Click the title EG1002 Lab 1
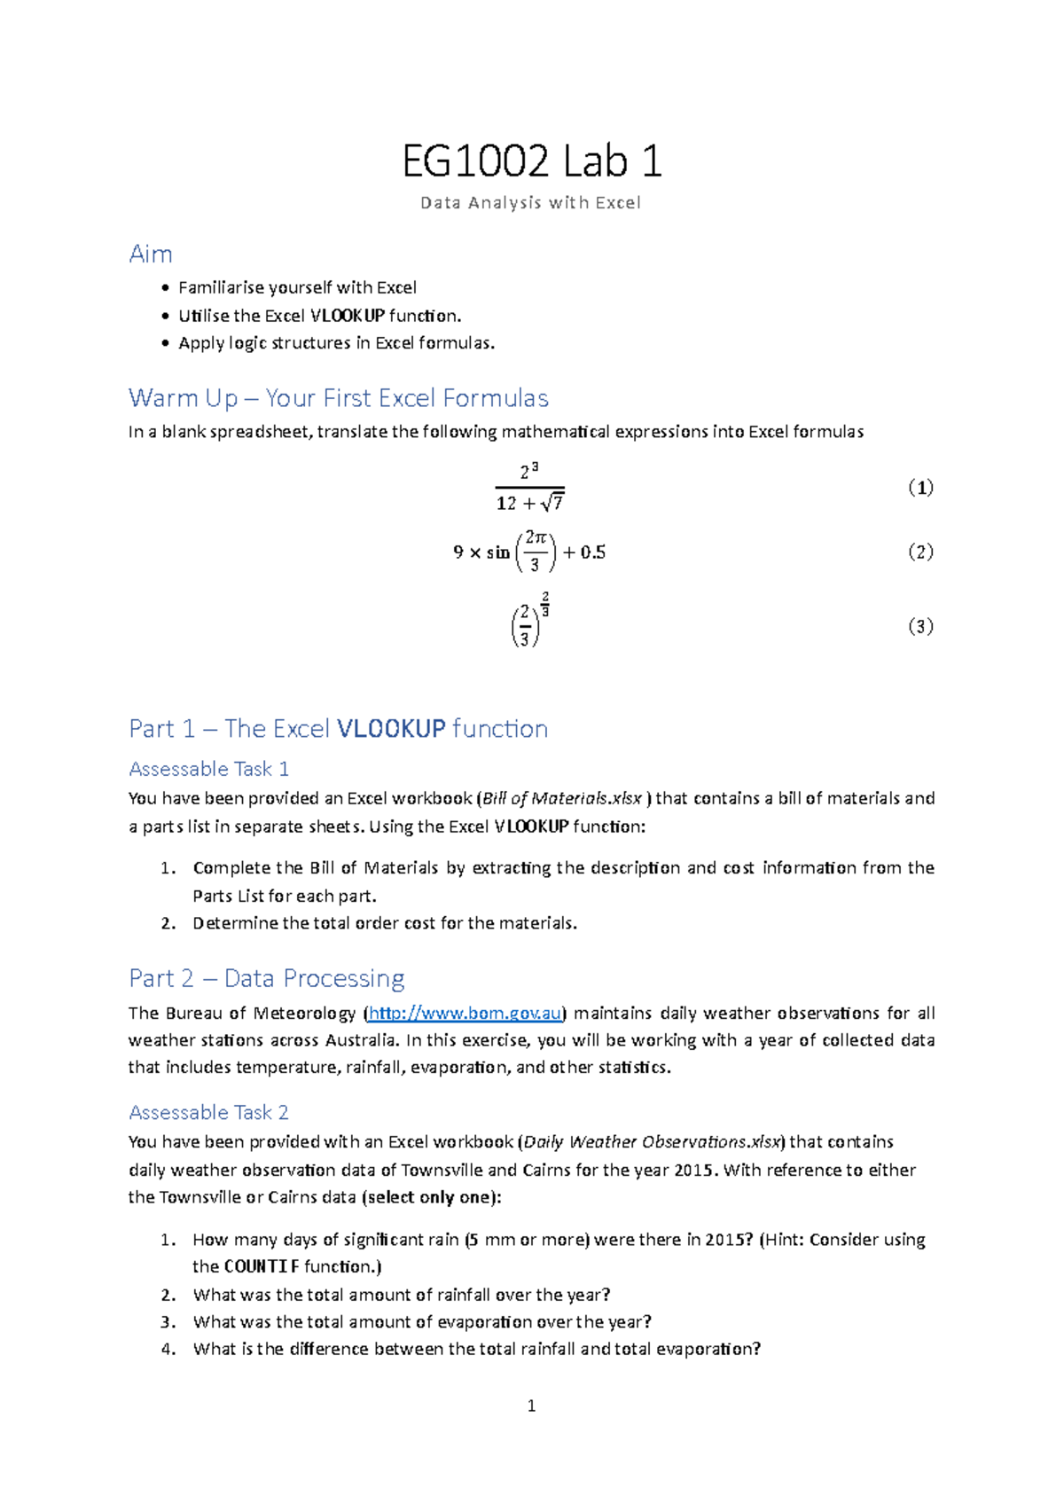pos(531,162)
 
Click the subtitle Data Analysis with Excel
pos(530,203)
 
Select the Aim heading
pos(151,255)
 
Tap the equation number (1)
pos(920,488)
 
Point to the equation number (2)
pos(920,552)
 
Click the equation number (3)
pos(920,626)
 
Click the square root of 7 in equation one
pos(553,503)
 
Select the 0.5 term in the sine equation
pos(593,552)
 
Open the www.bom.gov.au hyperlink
pos(465,1013)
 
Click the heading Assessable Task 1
pos(209,769)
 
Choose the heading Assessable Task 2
pos(209,1112)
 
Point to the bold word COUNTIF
pos(262,1266)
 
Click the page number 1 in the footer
pos(531,1406)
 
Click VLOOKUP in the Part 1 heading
pos(391,729)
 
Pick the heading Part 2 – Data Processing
pos(267,978)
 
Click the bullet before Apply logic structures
pos(165,343)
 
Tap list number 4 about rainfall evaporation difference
pos(168,1349)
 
